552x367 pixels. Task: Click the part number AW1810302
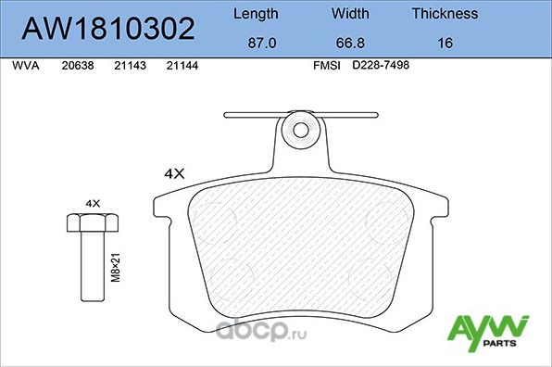pos(107,29)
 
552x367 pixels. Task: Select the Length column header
pos(254,14)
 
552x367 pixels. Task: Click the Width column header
pos(350,14)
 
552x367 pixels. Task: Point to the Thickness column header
pos(445,14)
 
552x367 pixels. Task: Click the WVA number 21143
pos(129,66)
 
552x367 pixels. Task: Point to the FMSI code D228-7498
pos(383,66)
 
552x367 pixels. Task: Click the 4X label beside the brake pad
pos(175,173)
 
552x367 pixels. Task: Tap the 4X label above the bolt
pos(92,201)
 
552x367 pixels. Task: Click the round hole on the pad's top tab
pos(299,126)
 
